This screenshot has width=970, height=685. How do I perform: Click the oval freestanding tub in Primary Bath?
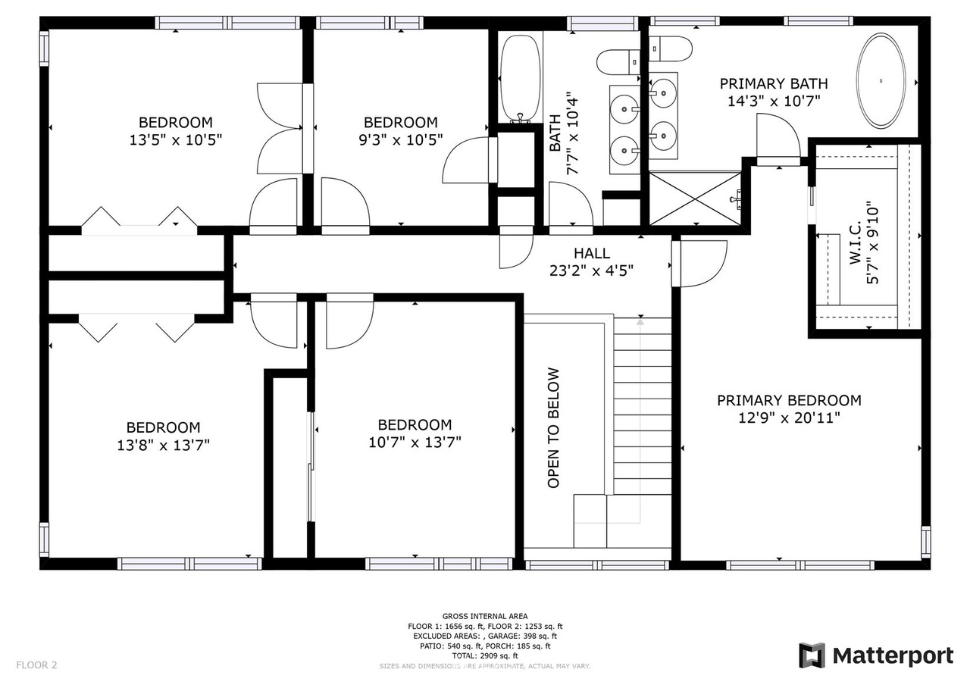881,81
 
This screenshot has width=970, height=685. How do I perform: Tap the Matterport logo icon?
812,655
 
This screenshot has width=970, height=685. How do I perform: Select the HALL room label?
592,253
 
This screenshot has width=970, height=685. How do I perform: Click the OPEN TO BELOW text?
553,428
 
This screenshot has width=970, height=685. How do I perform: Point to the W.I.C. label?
855,244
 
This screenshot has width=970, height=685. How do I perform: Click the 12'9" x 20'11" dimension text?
789,418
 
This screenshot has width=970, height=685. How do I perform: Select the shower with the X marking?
695,199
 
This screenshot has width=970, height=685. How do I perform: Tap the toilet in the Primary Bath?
671,49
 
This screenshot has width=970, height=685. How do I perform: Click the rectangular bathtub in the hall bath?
520,78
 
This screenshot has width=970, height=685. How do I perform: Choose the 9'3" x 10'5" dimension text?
401,140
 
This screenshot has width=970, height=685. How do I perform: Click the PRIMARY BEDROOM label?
789,400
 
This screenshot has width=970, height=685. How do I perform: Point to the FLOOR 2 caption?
37,665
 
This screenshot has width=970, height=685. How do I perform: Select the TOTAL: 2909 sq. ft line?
485,655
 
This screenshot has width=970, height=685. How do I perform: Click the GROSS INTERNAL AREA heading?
485,616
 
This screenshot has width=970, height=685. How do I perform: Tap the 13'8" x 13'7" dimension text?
163,445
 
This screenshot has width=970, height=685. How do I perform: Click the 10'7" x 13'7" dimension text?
415,442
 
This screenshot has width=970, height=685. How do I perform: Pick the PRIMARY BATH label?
774,83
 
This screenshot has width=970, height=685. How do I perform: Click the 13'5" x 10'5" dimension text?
175,140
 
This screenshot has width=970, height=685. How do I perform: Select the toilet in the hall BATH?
618,63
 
